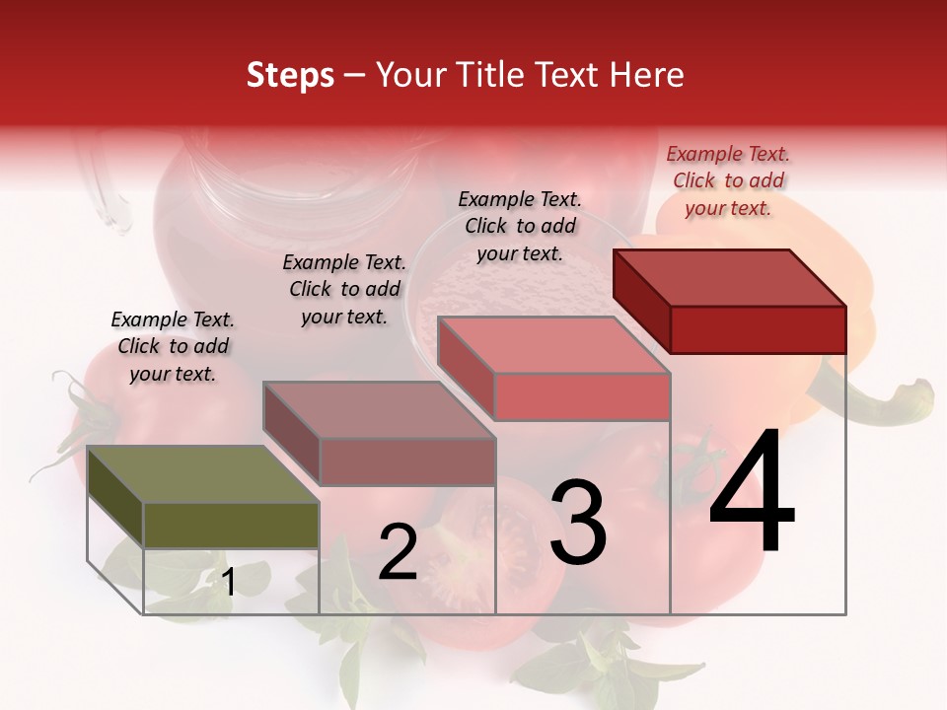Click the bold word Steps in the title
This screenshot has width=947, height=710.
(x=290, y=75)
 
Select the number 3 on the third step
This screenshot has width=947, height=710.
(x=578, y=523)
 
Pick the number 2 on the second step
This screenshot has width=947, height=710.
(x=398, y=552)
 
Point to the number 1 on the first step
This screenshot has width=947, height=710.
(x=228, y=582)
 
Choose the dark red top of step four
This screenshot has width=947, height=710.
(x=730, y=277)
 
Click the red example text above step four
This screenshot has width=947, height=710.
(x=728, y=180)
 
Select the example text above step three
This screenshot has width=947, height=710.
(x=520, y=226)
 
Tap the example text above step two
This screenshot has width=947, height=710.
(x=344, y=289)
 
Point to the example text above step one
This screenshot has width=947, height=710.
(x=173, y=346)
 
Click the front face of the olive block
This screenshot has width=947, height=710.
(x=232, y=525)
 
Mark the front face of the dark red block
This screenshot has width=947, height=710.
(x=758, y=329)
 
